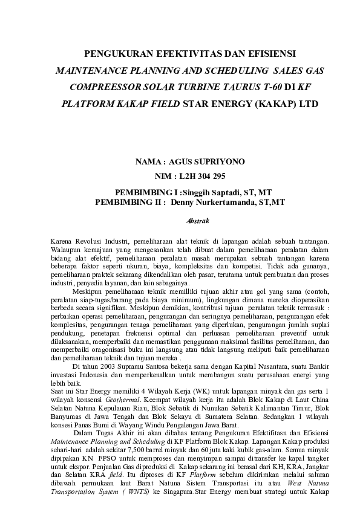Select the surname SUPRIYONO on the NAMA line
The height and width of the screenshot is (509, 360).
[x=218, y=163]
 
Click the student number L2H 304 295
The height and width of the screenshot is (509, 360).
[x=199, y=177]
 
